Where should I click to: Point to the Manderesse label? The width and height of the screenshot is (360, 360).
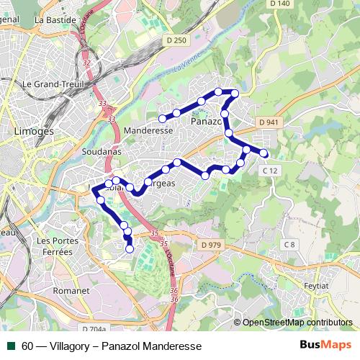[x=148, y=132]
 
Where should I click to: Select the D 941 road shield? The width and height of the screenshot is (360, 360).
[x=267, y=122]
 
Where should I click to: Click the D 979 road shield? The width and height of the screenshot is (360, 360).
[x=212, y=245]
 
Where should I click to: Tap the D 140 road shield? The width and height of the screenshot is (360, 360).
[x=279, y=4]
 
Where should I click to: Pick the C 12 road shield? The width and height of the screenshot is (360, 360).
[x=269, y=170]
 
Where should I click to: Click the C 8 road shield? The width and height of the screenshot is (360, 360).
[x=289, y=245]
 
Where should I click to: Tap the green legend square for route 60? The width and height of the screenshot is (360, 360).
[x=12, y=346]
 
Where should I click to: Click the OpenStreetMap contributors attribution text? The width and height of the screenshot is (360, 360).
[x=297, y=322]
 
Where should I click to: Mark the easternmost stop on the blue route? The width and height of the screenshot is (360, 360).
[x=264, y=153]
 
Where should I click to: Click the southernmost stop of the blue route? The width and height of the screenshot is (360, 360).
[x=130, y=249]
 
